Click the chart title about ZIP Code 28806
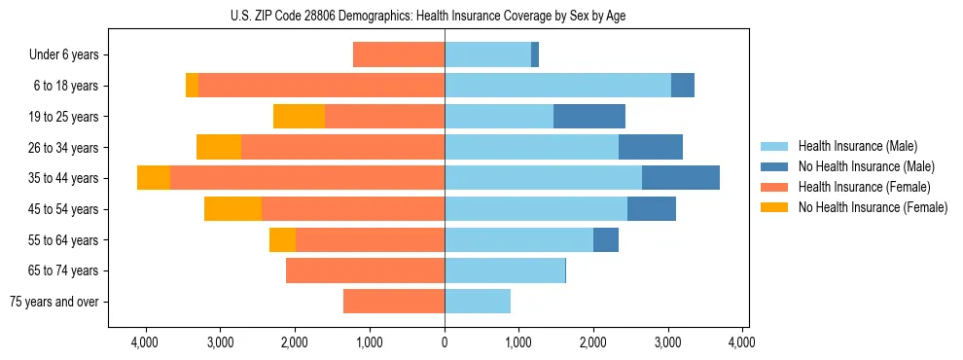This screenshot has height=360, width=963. [x=445, y=16]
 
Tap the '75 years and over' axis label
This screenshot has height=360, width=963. [x=54, y=302]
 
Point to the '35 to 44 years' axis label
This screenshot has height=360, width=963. [x=64, y=178]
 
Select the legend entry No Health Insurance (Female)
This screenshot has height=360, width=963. [x=872, y=207]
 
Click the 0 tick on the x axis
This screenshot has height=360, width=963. [x=445, y=342]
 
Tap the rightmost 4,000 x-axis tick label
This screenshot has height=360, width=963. [x=742, y=342]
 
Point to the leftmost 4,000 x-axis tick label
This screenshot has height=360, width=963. [x=145, y=342]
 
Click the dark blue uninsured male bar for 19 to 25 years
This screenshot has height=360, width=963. [x=589, y=117]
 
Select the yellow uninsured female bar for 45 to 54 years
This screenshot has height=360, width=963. [x=232, y=209]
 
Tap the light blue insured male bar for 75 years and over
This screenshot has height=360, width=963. [x=478, y=302]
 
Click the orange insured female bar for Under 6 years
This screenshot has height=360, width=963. [x=399, y=55]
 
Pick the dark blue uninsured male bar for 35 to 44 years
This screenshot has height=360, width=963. [x=681, y=178]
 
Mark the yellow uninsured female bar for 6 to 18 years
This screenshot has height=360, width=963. [x=192, y=86]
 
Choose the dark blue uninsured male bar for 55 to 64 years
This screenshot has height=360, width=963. [x=606, y=240]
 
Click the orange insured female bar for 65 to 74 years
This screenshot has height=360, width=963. [x=365, y=270]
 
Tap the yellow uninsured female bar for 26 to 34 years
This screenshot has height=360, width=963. [x=219, y=148]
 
